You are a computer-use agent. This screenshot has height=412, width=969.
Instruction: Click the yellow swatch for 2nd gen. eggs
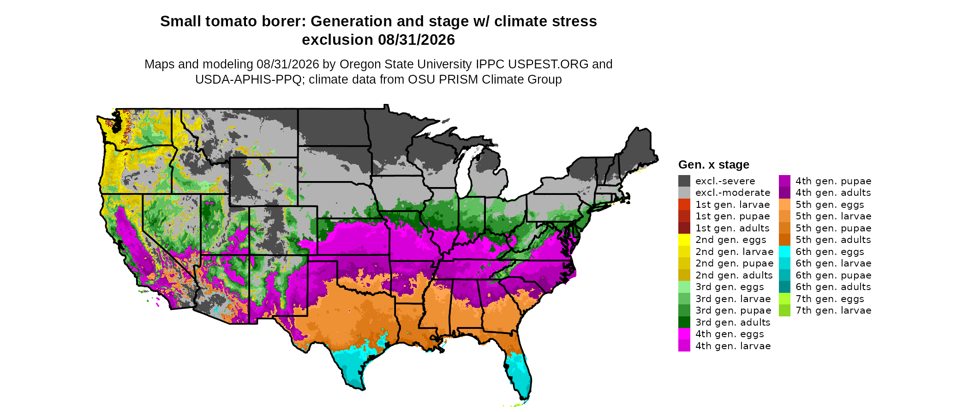[x=684, y=240]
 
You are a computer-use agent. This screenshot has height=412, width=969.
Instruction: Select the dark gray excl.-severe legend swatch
[x=684, y=181]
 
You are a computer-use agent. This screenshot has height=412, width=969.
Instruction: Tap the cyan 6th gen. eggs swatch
[x=784, y=252]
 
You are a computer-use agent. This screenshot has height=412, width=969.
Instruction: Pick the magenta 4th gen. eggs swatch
[x=684, y=334]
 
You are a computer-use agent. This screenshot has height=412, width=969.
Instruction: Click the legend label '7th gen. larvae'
[x=833, y=310]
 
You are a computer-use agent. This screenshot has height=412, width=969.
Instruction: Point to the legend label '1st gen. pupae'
[x=733, y=216]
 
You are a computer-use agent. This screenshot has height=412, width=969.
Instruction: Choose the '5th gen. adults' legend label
[x=833, y=240]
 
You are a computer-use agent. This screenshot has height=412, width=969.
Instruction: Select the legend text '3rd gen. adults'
[x=733, y=322]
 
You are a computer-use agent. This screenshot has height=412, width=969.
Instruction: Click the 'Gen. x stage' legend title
[x=714, y=164]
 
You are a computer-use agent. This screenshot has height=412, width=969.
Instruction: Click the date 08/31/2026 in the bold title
[x=417, y=40]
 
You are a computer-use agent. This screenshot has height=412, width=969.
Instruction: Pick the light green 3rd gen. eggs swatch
[x=684, y=287]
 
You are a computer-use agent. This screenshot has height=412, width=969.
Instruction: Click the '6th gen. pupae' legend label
[x=833, y=275]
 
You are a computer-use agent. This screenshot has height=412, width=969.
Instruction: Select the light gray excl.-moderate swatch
[x=684, y=193]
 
